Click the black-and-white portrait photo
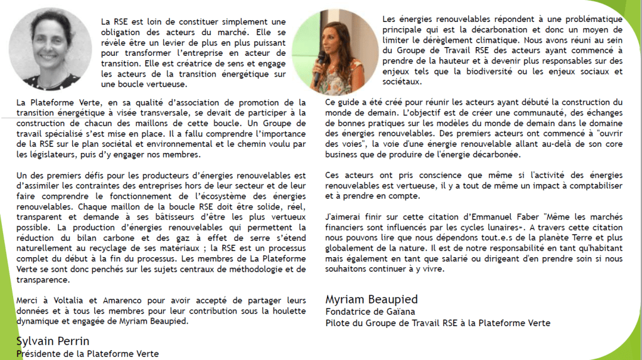(x=50, y=50)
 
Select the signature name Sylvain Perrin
(x=53, y=341)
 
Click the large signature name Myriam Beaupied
(x=372, y=299)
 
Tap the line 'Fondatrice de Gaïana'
(x=370, y=311)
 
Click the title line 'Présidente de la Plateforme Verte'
(x=87, y=354)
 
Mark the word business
(x=343, y=154)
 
